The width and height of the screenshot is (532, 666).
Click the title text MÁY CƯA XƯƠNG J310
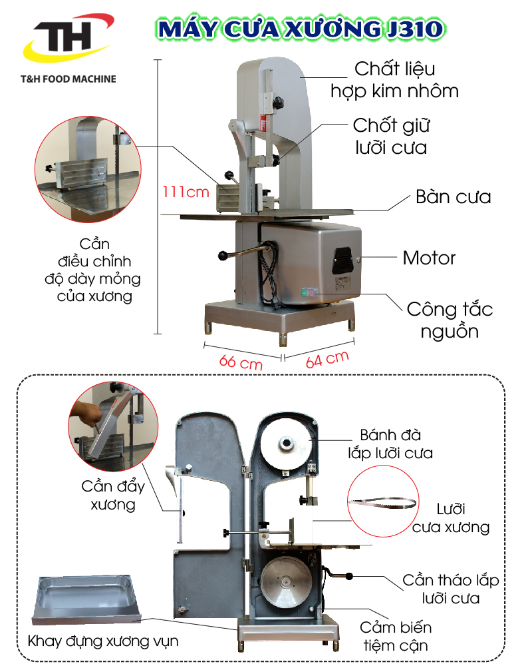[298, 29]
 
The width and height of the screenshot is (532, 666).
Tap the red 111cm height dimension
[186, 192]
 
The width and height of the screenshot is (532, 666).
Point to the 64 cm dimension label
[327, 359]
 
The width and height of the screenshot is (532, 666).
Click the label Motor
[429, 258]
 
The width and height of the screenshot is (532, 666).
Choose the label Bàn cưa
[453, 197]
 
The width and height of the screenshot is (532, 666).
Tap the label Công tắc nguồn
[450, 320]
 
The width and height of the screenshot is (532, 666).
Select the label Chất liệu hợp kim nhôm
[395, 80]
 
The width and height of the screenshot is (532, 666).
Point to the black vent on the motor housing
[343, 257]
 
